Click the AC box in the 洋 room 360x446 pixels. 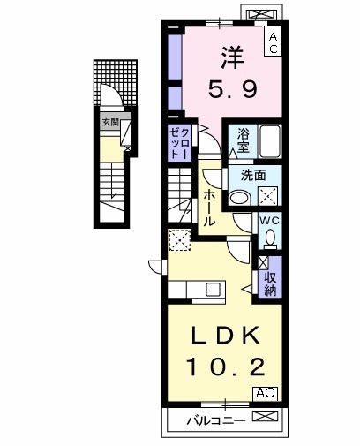coord(273,42)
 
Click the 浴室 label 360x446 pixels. coord(243,140)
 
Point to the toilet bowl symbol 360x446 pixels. coord(270,238)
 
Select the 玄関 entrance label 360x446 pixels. coord(109,122)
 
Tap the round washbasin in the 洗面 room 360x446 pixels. coord(238,198)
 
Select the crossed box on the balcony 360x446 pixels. coord(265,419)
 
